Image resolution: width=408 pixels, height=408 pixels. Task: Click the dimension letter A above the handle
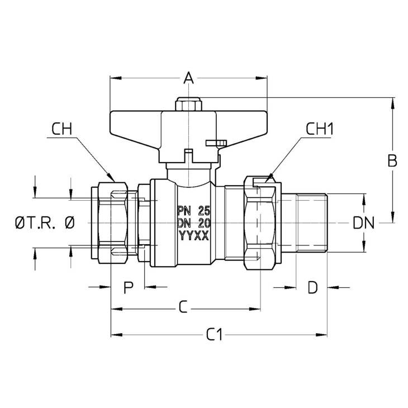(x=189, y=78)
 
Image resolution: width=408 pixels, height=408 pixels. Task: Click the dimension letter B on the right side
(x=392, y=160)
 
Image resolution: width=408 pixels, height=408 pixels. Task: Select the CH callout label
(x=61, y=129)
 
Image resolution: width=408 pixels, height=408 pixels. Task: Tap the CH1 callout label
(x=320, y=129)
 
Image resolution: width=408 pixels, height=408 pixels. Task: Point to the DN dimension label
(x=363, y=223)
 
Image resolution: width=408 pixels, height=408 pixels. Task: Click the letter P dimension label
(x=129, y=287)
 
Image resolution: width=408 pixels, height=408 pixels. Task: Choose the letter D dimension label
(x=313, y=287)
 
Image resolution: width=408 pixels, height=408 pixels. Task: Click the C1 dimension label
(x=215, y=334)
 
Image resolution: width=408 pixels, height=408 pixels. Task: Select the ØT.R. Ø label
(x=45, y=223)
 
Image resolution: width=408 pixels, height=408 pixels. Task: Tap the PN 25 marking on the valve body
(x=193, y=211)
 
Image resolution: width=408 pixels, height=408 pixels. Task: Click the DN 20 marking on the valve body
(x=193, y=223)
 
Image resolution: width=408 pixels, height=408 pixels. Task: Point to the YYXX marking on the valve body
(x=194, y=236)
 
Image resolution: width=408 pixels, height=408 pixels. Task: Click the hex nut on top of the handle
(x=189, y=105)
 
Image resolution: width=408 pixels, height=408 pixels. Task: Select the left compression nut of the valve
(x=113, y=223)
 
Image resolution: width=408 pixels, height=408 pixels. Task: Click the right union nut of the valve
(x=260, y=223)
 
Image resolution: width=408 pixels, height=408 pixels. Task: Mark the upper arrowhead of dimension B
(x=392, y=102)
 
